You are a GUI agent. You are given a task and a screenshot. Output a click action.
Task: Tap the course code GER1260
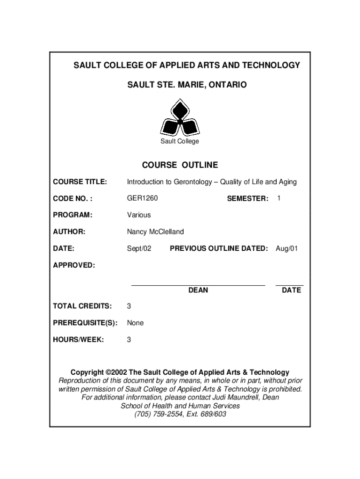tap(143, 198)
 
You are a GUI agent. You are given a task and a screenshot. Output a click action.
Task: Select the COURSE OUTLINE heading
tap(180, 165)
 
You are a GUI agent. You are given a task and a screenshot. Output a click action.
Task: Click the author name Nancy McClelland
tap(155, 232)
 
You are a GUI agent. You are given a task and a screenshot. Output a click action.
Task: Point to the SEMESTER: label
tap(247, 199)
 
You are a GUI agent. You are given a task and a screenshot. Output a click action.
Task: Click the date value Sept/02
tap(139, 248)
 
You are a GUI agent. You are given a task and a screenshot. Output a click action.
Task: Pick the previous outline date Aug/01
tap(287, 248)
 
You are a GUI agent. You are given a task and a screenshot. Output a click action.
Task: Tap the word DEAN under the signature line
tap(198, 290)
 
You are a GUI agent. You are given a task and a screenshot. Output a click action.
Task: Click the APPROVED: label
tap(74, 265)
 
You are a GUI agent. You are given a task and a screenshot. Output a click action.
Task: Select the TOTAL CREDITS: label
tap(82, 306)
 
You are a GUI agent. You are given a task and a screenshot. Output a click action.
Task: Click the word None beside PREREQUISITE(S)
tap(136, 323)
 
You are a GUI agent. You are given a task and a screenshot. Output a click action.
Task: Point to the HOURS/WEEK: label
tap(78, 340)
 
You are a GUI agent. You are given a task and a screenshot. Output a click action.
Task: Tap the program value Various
tap(139, 215)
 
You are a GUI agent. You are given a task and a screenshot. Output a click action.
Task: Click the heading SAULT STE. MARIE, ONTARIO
tap(180, 85)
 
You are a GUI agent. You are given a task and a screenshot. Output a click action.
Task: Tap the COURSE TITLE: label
tap(80, 181)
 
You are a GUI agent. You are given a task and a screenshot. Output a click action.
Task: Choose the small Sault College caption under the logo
tap(180, 141)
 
